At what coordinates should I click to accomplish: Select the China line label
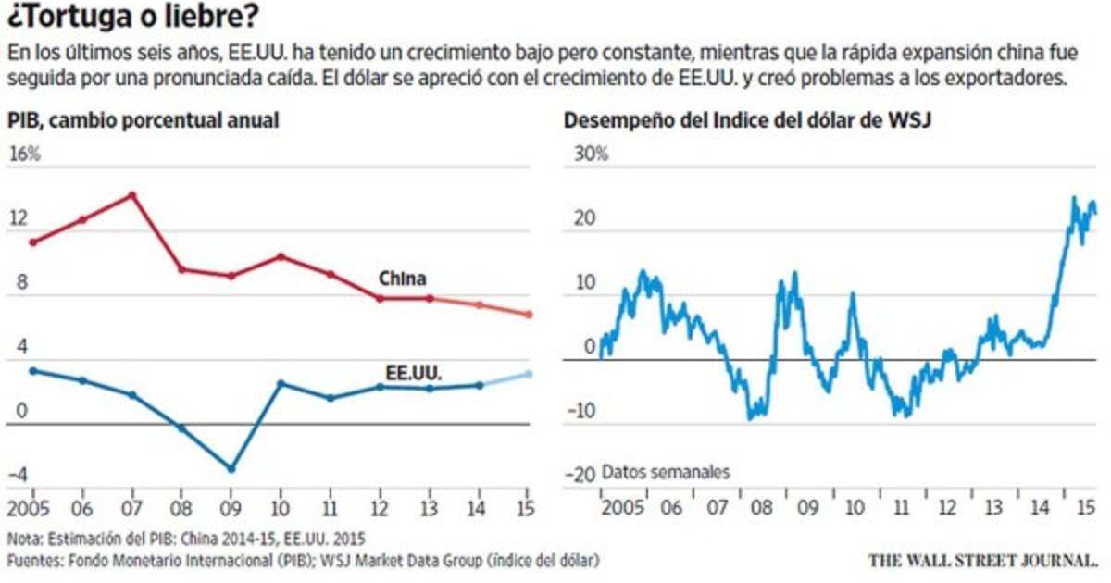402,278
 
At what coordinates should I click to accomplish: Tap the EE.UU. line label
413,372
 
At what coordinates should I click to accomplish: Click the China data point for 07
132,195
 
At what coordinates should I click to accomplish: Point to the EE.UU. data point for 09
231,468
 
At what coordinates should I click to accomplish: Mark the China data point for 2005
33,242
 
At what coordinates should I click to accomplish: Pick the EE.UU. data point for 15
529,374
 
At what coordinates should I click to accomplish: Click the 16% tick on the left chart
25,154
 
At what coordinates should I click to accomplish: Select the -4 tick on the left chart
18,476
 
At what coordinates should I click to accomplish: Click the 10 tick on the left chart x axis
281,509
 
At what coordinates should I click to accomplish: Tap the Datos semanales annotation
665,472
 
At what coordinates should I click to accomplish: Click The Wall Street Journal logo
983,560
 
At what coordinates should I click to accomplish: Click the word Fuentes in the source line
33,561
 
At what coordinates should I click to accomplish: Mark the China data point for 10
281,256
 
